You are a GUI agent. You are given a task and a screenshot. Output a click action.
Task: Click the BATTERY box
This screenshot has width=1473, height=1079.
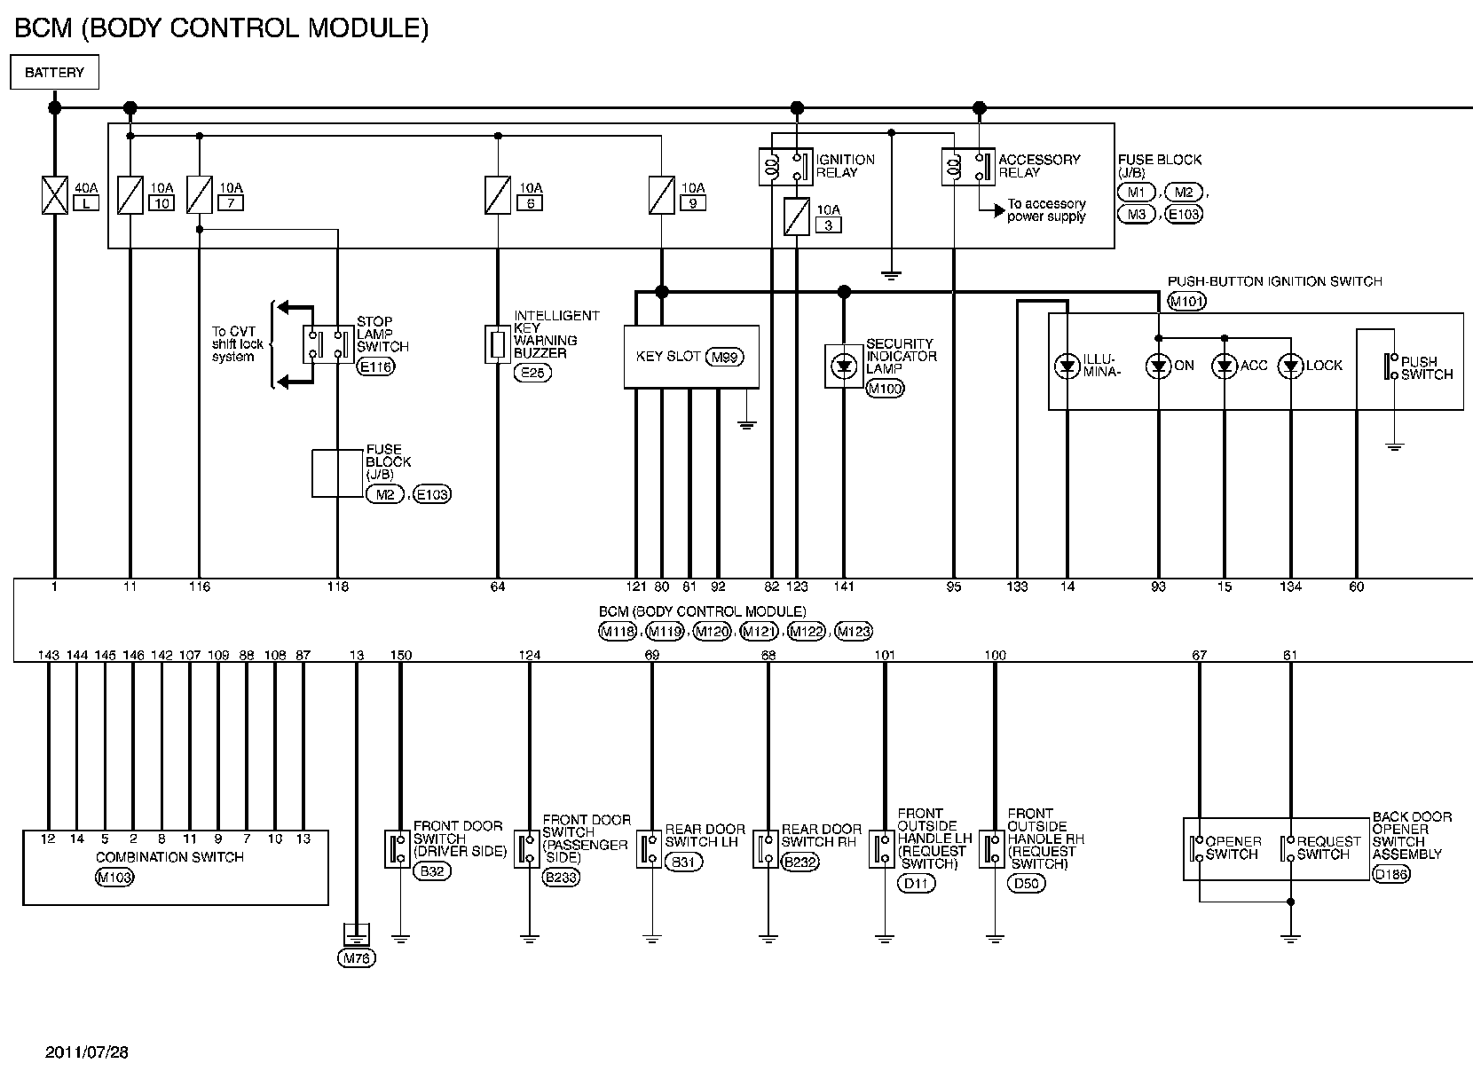54,73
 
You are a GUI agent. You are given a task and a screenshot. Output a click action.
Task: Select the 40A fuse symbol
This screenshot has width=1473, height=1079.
55,194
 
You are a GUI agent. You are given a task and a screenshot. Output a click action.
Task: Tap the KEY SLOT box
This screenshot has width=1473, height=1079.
691,357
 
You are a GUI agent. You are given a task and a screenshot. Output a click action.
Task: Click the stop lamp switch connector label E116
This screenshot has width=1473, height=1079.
376,366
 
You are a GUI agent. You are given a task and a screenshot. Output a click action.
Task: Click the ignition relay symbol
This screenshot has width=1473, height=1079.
785,167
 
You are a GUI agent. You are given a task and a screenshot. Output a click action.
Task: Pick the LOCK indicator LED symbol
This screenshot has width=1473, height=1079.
1290,366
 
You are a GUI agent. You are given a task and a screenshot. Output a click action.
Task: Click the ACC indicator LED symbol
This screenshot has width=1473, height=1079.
1225,366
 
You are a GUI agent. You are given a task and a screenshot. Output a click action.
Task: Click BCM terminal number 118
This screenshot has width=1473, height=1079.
338,587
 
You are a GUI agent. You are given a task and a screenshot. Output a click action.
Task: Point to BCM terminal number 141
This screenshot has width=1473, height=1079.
843,587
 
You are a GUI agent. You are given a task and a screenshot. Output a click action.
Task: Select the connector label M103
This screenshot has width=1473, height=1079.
114,878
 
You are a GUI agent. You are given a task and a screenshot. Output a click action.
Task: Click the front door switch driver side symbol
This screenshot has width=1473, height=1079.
398,848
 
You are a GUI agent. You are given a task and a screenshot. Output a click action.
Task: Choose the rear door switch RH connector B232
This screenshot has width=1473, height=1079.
800,862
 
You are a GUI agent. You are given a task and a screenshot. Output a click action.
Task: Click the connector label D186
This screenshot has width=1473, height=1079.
1390,874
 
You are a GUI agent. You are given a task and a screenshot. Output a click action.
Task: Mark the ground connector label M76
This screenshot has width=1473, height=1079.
357,958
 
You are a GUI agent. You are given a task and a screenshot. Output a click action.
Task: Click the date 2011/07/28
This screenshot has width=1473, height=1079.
87,1053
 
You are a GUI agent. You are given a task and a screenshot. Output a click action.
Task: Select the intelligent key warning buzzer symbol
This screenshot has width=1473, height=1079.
496,343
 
